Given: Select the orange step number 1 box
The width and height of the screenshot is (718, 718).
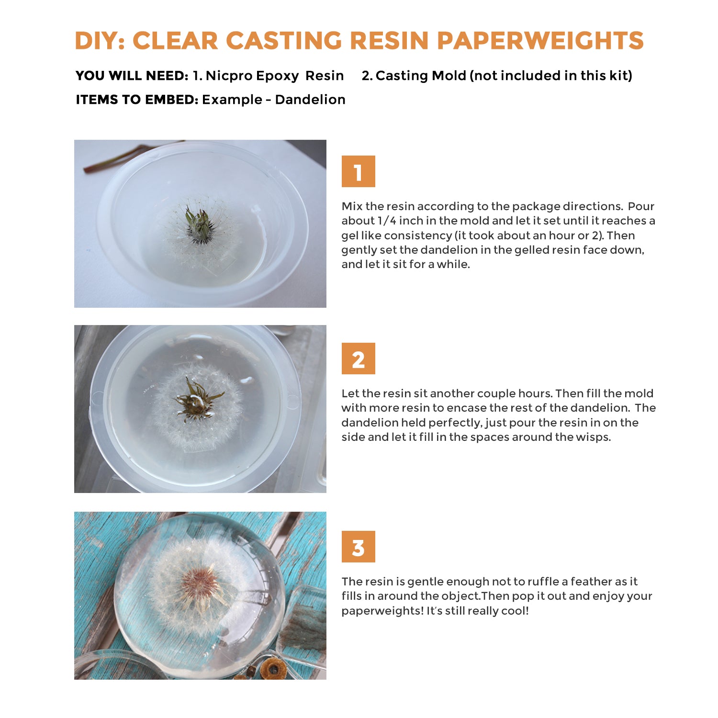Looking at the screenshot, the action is pos(358,171).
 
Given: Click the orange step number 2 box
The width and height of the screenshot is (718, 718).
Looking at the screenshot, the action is pos(358,359).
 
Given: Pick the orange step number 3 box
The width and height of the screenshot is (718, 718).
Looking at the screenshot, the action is pos(358,547).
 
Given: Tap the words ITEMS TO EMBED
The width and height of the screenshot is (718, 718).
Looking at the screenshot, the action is pos(137,100).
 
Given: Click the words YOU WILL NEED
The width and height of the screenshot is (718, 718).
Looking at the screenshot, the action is pos(132,76).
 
